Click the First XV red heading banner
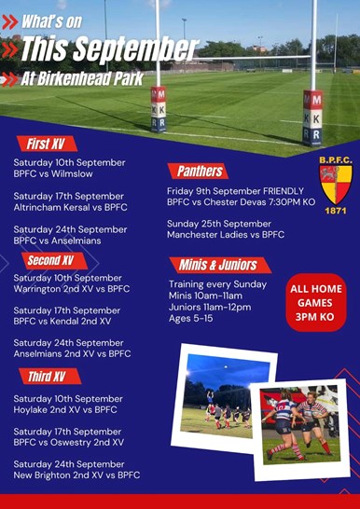click(x=47, y=144)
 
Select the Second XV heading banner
click(x=54, y=261)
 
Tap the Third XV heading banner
click(x=49, y=377)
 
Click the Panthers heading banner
click(x=198, y=172)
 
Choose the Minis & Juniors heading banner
click(x=220, y=265)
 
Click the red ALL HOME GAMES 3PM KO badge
click(x=316, y=303)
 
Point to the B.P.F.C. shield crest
click(x=336, y=185)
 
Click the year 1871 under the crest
click(x=336, y=211)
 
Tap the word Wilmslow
click(x=72, y=173)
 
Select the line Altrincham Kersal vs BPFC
click(x=71, y=207)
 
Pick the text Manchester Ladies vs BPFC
click(x=226, y=234)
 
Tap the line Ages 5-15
click(x=191, y=318)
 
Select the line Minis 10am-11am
click(x=205, y=296)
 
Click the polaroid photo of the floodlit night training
click(x=223, y=399)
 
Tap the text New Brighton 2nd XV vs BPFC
click(x=76, y=475)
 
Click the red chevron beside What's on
click(x=9, y=22)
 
